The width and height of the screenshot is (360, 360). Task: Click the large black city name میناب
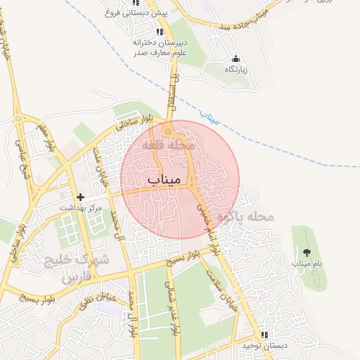click(167, 181)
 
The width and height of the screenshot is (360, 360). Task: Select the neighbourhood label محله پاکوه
click(245, 217)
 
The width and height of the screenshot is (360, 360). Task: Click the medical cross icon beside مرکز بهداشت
click(81, 197)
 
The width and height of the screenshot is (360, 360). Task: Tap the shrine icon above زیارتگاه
click(235, 59)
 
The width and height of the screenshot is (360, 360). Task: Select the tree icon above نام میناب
click(307, 252)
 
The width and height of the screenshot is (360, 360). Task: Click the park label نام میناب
click(307, 263)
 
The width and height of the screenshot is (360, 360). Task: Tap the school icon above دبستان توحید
click(264, 335)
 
